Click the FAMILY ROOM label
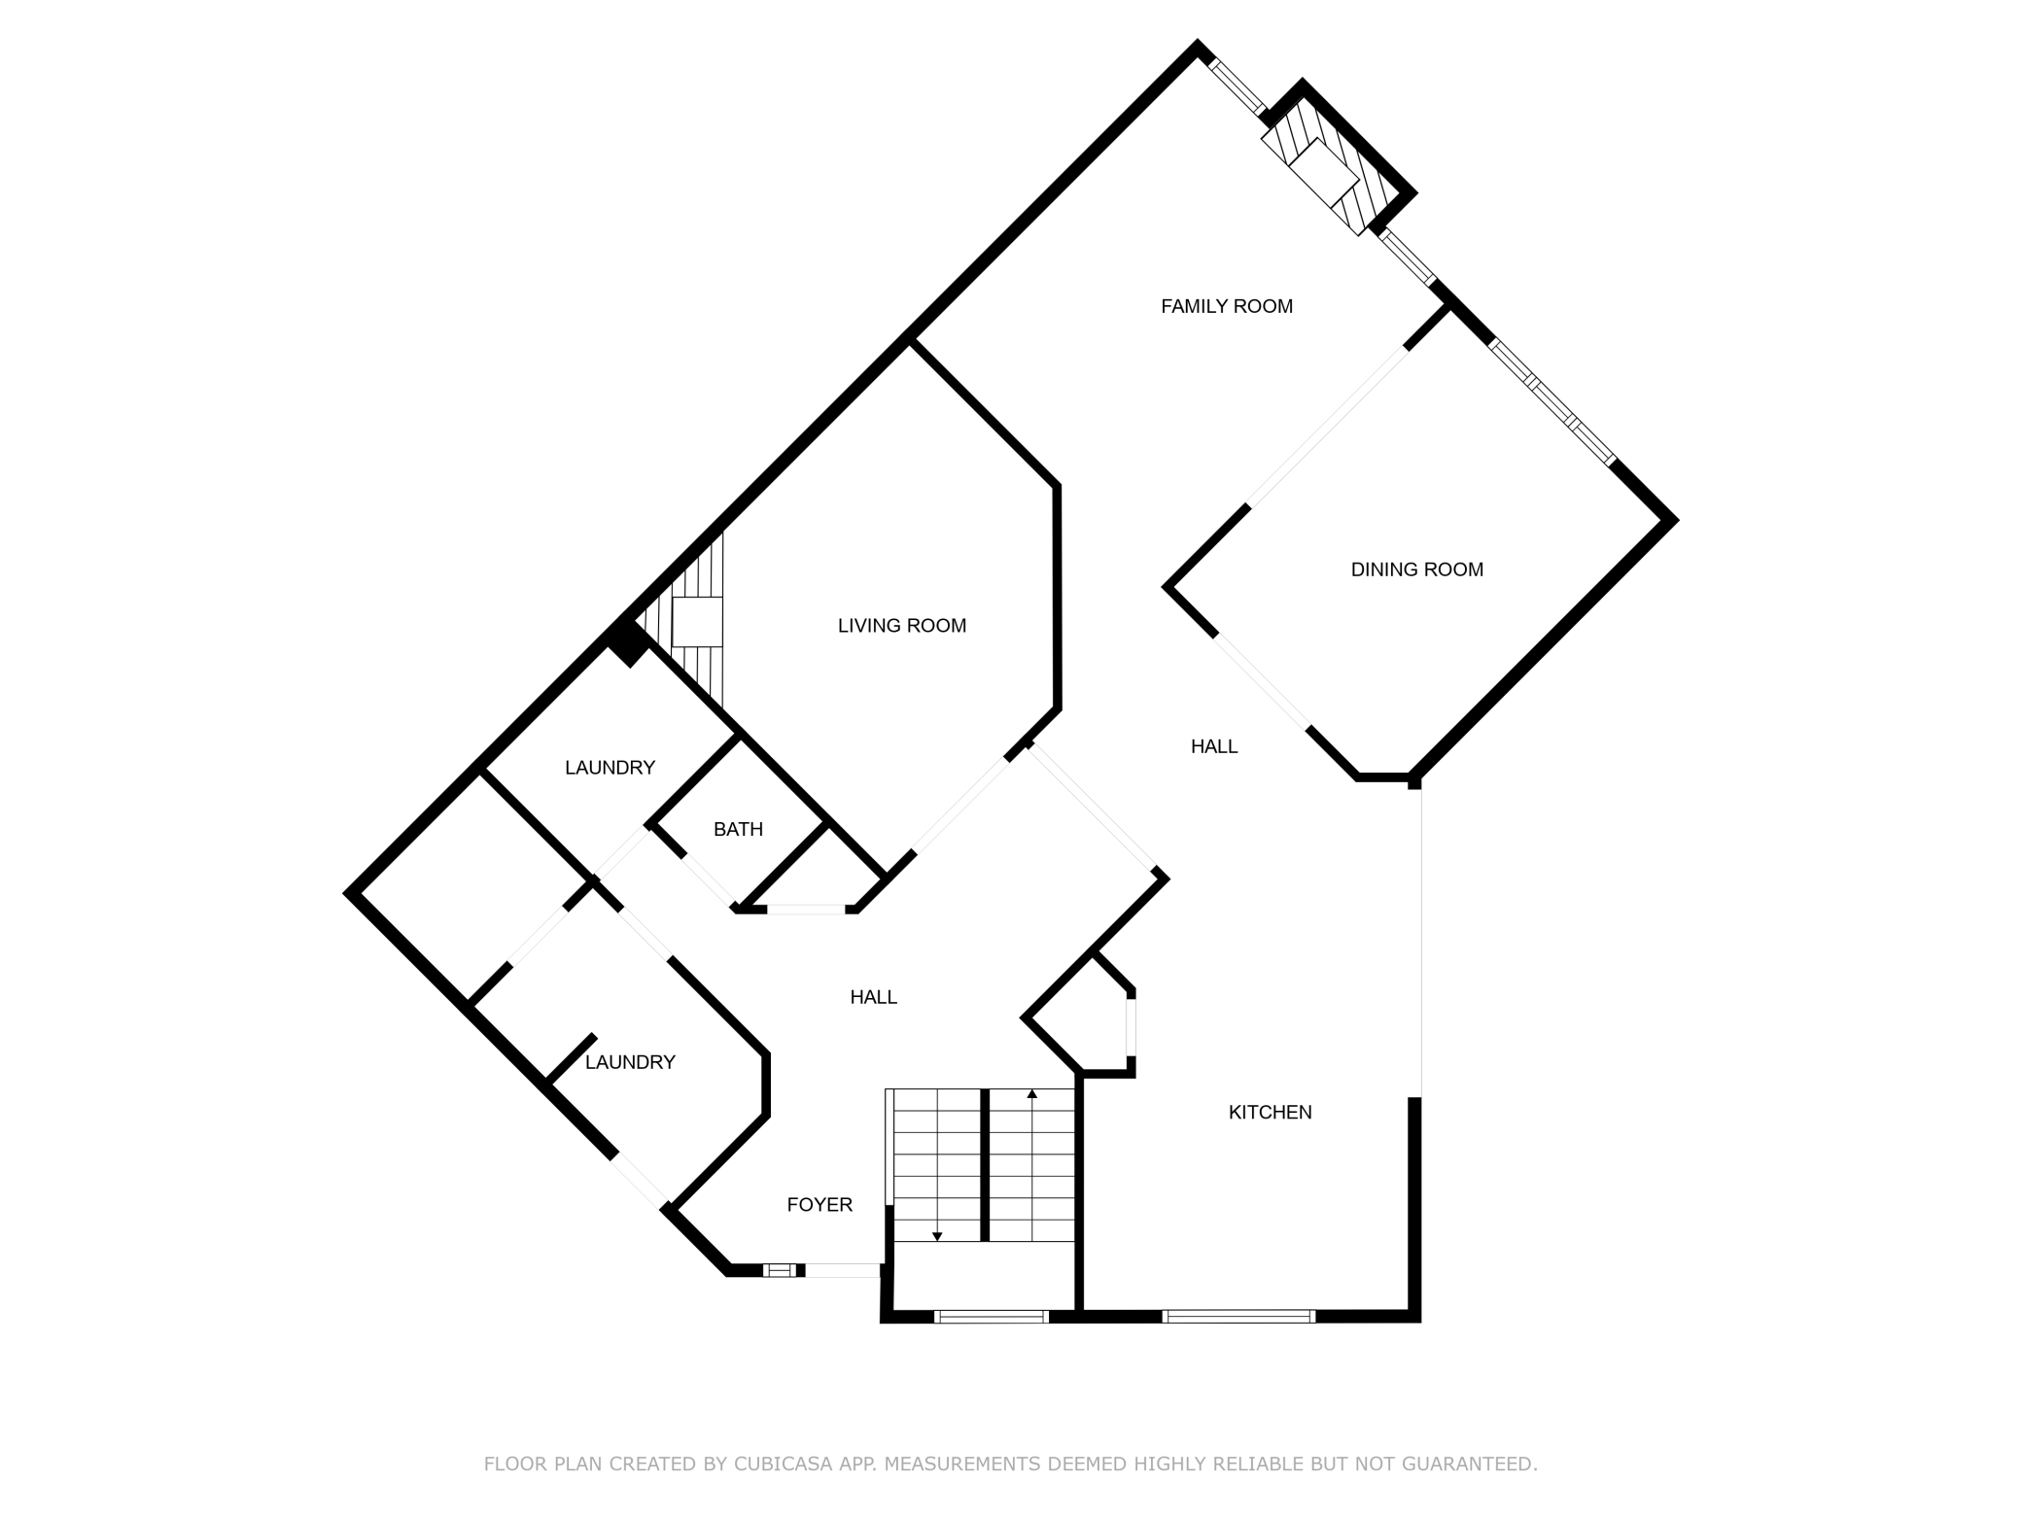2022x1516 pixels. pyautogui.click(x=1227, y=306)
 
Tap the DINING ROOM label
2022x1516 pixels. pyautogui.click(x=1417, y=569)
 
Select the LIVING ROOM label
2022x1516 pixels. pyautogui.click(x=902, y=626)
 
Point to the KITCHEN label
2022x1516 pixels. pyautogui.click(x=1271, y=1112)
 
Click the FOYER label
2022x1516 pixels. pyautogui.click(x=819, y=1205)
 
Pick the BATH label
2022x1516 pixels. pyautogui.click(x=738, y=829)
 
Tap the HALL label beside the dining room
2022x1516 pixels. pyautogui.click(x=1214, y=746)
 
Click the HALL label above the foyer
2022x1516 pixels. pyautogui.click(x=874, y=997)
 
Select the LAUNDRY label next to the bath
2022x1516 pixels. pyautogui.click(x=610, y=768)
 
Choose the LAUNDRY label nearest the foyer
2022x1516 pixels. pyautogui.click(x=630, y=1062)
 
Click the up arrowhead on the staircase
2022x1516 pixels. pyautogui.click(x=1032, y=1094)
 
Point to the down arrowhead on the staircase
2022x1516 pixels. pyautogui.click(x=937, y=1237)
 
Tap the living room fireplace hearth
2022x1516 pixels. pyautogui.click(x=698, y=622)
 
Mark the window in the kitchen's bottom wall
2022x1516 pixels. pyautogui.click(x=1238, y=1317)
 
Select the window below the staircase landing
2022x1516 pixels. pyautogui.click(x=992, y=1317)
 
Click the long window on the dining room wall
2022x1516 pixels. pyautogui.click(x=1552, y=401)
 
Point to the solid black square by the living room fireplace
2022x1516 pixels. pyautogui.click(x=627, y=642)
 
